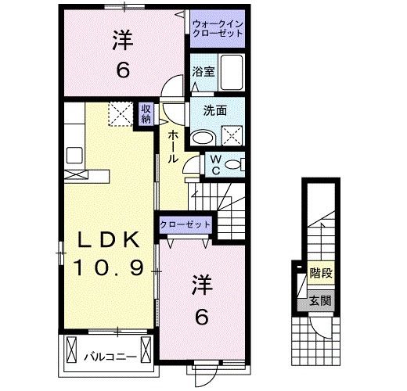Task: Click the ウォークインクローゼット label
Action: click(218, 29)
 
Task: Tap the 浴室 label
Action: click(203, 72)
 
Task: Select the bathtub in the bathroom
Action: click(232, 73)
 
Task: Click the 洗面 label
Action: click(215, 111)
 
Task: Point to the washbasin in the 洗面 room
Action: click(202, 138)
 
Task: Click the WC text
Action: click(216, 165)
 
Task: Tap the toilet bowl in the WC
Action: click(234, 165)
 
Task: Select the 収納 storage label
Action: click(146, 113)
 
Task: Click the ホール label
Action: click(173, 147)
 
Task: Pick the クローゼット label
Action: click(185, 224)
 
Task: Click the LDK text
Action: click(108, 239)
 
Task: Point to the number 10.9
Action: click(109, 267)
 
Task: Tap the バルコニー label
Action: click(110, 357)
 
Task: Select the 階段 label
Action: click(321, 273)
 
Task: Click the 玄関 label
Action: click(321, 301)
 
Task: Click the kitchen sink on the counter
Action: click(74, 155)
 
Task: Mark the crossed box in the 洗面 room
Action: click(232, 136)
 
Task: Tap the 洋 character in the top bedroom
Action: click(123, 41)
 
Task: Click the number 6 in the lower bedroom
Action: click(202, 317)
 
